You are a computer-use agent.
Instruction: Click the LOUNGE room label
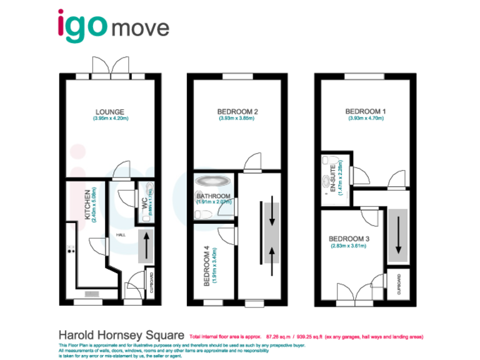pyautogui.click(x=110, y=112)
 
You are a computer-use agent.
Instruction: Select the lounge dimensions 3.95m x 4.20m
pyautogui.click(x=110, y=119)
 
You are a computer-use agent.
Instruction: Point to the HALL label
pyautogui.click(x=121, y=234)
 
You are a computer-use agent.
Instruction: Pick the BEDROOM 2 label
pyautogui.click(x=237, y=112)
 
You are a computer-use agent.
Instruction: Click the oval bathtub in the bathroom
pyautogui.click(x=213, y=182)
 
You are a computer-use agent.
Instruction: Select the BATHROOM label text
pyautogui.click(x=214, y=196)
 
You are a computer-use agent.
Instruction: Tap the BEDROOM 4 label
pyautogui.click(x=207, y=266)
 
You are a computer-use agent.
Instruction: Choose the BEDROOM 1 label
pyautogui.click(x=366, y=112)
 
